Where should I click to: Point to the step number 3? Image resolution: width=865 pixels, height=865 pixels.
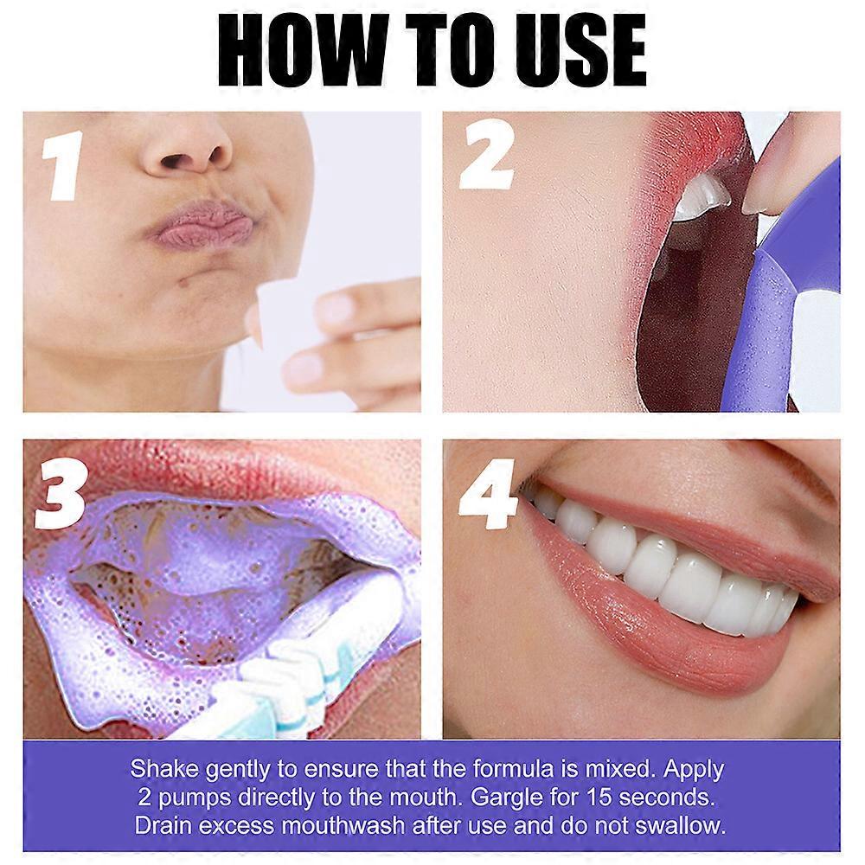click(x=61, y=494)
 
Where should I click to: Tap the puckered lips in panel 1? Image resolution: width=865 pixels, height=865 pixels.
click(x=201, y=226)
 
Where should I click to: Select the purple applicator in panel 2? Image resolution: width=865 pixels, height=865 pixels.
click(x=774, y=311)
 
